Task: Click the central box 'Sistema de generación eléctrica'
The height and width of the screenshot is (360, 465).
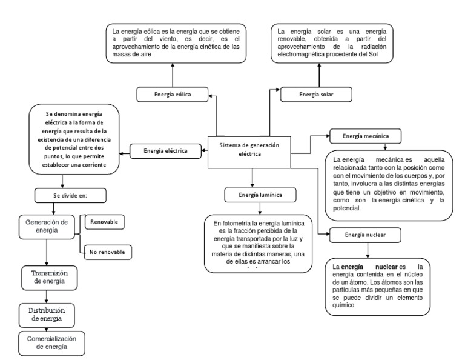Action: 249,152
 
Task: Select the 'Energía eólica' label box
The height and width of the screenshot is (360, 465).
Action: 173,95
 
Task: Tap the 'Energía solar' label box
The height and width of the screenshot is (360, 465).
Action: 316,95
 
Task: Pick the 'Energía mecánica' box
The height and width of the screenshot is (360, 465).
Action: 365,136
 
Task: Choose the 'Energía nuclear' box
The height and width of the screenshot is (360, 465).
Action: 365,235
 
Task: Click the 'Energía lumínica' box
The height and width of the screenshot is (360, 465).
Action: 260,195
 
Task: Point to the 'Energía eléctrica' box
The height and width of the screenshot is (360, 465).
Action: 165,151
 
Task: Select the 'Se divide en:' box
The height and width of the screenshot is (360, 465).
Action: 70,196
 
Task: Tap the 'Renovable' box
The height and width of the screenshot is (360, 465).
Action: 104,222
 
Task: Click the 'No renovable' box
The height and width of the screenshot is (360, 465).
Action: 108,252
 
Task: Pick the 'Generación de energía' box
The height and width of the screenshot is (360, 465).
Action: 47,227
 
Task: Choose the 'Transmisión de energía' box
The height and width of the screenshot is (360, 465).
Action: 49,278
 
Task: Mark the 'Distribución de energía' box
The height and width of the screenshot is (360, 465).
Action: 47,315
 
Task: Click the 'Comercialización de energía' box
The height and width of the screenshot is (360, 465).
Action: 51,343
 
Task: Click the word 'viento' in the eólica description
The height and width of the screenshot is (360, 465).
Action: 168,39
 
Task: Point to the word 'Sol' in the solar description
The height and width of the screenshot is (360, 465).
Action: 373,55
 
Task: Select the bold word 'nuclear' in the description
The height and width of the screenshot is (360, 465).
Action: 386,267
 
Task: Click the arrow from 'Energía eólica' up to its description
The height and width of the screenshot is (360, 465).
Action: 173,75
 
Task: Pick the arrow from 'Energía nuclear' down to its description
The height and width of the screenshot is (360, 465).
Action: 368,250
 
